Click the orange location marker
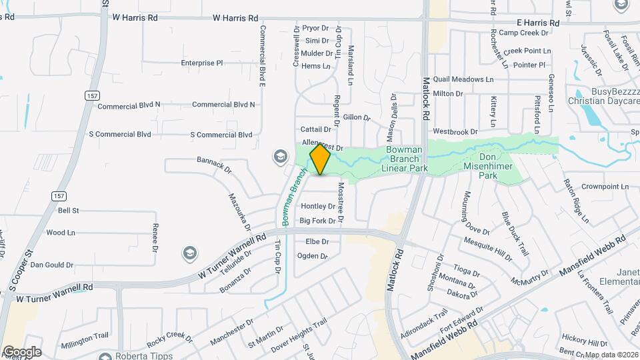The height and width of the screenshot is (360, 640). click(x=320, y=160)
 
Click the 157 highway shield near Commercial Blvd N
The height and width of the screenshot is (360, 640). click(x=91, y=96)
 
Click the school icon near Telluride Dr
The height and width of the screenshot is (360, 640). click(x=190, y=253)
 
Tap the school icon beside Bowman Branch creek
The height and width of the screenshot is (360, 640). click(x=280, y=157)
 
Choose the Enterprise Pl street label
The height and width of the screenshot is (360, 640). click(x=201, y=63)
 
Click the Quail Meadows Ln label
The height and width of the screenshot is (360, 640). click(x=463, y=79)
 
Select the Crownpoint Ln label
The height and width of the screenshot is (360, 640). click(x=605, y=187)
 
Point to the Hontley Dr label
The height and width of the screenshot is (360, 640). click(x=317, y=206)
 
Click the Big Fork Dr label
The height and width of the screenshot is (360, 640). click(x=317, y=221)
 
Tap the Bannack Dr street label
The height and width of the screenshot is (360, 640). click(x=213, y=165)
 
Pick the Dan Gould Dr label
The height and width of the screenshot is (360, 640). click(x=51, y=265)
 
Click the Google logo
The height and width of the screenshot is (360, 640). click(x=22, y=352)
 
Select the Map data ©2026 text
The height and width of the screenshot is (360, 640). click(x=611, y=355)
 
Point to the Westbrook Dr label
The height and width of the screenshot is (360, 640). click(x=455, y=132)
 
